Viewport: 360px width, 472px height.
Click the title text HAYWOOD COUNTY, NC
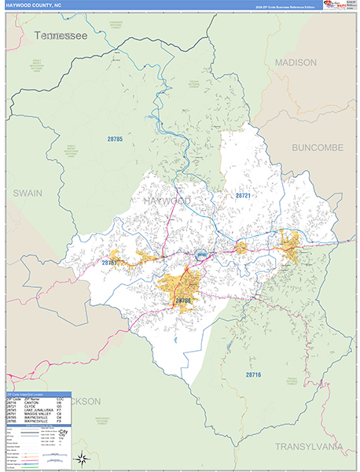tap(38, 6)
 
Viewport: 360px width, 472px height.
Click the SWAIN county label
tap(27, 192)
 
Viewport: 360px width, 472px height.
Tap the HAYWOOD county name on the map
tap(167, 202)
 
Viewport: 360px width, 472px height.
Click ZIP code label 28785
tap(116, 139)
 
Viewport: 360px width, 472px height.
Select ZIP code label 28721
tap(242, 194)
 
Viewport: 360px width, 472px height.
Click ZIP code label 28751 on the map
tap(109, 262)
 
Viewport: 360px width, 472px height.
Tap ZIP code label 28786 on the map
tap(183, 301)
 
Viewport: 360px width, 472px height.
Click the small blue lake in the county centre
tap(202, 254)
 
